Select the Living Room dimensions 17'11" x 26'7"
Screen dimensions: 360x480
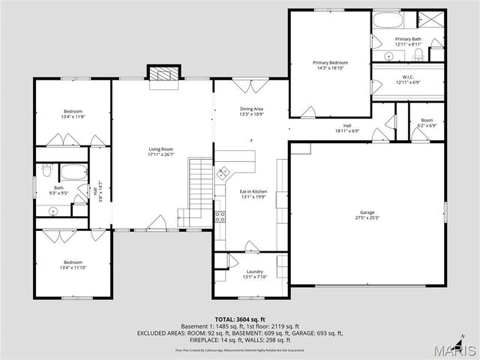161,155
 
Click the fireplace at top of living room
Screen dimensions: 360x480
163,75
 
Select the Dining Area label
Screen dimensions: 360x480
251,109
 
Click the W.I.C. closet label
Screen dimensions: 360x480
409,76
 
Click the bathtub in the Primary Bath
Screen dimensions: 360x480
389,20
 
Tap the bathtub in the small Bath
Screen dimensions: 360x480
73,172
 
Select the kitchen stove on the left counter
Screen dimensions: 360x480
220,217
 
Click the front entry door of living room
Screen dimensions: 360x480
157,223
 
